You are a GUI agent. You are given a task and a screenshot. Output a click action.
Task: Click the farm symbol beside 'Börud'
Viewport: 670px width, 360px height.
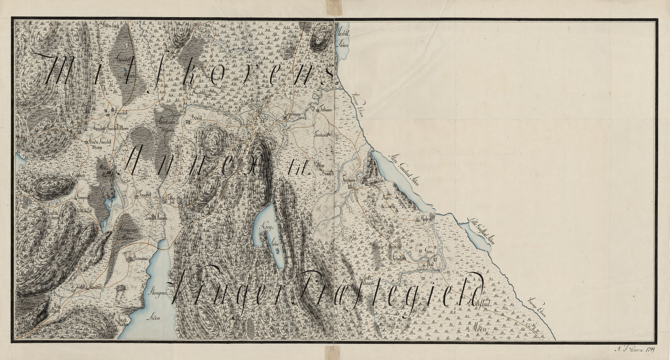tap(188, 122)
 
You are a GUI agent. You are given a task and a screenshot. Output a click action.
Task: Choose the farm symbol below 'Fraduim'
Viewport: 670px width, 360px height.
tap(348, 186)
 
